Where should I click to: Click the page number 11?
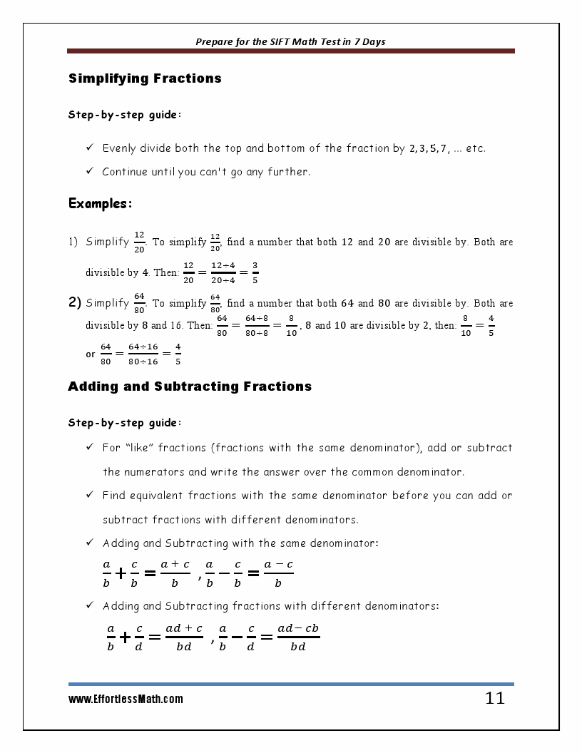494,698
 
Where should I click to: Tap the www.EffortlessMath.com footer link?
126,700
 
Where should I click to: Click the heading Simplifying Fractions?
145,78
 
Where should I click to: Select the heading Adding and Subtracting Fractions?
190,386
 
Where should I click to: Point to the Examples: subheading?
100,204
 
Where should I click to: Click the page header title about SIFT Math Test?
290,41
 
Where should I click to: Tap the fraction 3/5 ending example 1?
255,272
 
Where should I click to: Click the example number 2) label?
75,302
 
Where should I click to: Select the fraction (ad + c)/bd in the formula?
184,637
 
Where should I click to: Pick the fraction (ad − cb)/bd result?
298,637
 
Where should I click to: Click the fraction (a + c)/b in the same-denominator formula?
175,573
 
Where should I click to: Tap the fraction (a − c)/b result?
278,573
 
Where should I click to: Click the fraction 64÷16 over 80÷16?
143,354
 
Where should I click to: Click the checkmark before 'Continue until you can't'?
90,171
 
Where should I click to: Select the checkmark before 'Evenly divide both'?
90,148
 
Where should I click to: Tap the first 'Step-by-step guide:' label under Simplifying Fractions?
125,115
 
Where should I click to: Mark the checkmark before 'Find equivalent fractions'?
90,495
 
